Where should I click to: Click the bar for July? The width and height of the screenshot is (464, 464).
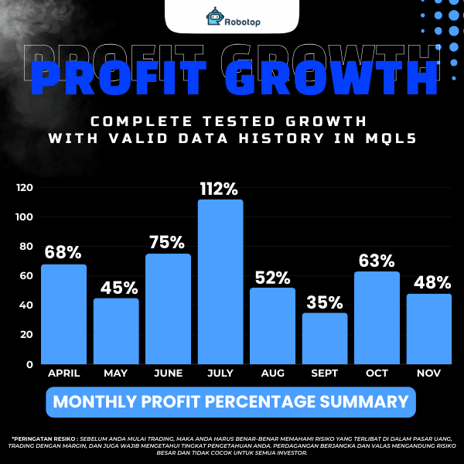point(220,281)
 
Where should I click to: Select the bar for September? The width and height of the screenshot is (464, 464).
point(325,338)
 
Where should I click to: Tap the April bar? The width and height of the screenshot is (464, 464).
point(63,314)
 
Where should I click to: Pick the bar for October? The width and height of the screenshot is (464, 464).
point(377,318)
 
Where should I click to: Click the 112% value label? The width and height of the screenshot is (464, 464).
point(220,187)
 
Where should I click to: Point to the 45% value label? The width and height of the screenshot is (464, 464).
point(116,288)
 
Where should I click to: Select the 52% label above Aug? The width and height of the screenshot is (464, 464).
point(272,277)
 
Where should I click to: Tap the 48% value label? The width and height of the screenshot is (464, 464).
point(429,283)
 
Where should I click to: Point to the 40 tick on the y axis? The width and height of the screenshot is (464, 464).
point(27,305)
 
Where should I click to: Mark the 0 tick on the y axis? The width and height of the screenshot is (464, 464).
point(29,363)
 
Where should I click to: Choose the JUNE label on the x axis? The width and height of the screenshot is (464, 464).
point(168,374)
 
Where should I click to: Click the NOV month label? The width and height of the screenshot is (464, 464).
point(429,374)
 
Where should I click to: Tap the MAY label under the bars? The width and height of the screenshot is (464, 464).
point(116,374)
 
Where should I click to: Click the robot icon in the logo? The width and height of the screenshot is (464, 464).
point(213,16)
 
